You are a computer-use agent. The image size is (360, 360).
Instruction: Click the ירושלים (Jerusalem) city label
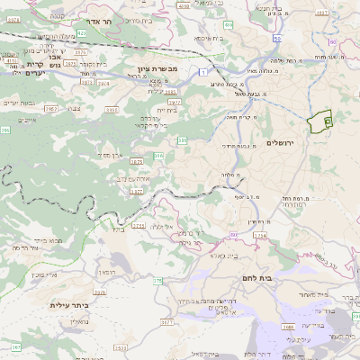[x=281, y=143]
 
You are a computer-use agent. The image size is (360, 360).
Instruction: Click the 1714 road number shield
[x=260, y=236]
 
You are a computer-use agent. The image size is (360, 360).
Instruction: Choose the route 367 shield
[x=15, y=346]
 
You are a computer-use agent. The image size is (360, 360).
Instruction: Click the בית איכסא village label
[x=208, y=39]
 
